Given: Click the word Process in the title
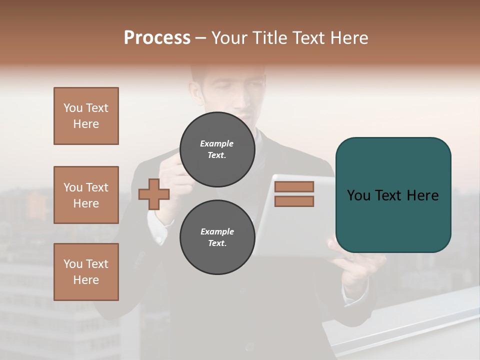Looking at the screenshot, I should (x=157, y=38).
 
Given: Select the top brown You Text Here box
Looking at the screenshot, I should (x=86, y=116).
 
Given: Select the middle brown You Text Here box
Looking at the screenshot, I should (x=86, y=195).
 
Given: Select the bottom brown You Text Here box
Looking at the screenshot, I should (x=86, y=272).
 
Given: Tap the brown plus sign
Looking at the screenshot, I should (x=153, y=194).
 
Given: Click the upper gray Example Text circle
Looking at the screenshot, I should (x=217, y=149).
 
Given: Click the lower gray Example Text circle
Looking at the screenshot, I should (x=217, y=237).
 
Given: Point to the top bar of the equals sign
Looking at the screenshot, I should (x=294, y=186).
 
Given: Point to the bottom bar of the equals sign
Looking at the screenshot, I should (x=294, y=201).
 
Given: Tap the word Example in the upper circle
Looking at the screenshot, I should (x=216, y=143).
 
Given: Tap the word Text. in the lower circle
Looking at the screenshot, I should (x=217, y=243).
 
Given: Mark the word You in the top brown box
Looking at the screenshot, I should (x=72, y=108).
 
